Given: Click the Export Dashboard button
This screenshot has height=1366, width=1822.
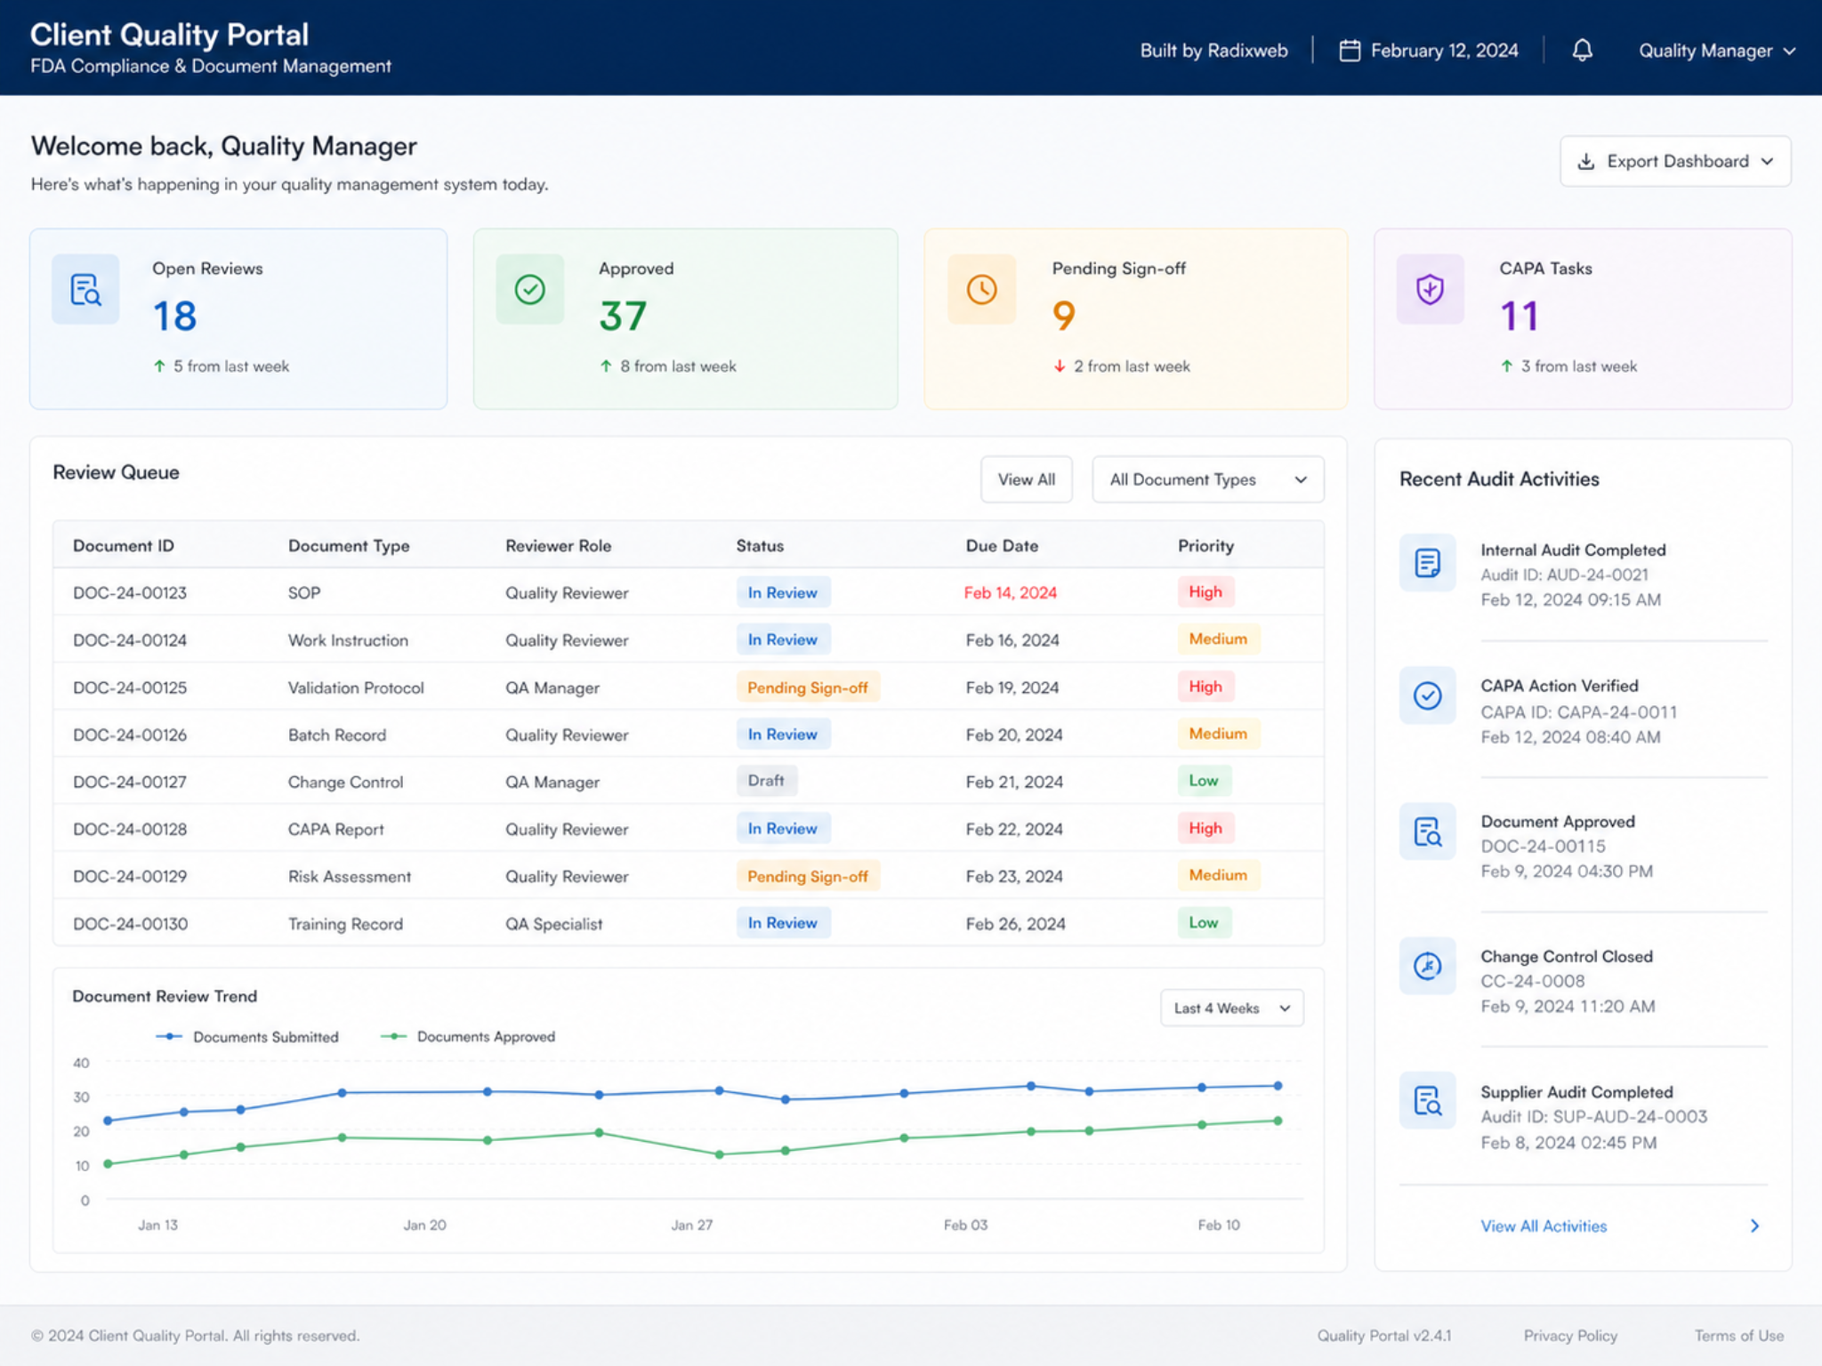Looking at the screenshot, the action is coord(1675,161).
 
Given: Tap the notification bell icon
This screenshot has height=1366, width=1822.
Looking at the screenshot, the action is coord(1582,51).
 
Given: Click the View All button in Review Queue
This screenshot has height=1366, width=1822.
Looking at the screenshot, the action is coord(1026,479).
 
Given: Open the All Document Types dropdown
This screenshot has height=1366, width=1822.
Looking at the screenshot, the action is coord(1207,479).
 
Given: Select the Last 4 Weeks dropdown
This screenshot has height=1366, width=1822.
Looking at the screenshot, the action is coord(1232,1008).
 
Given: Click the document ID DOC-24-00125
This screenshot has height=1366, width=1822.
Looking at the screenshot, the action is coord(130,687).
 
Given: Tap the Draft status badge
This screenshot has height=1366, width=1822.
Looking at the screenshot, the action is coord(766,781).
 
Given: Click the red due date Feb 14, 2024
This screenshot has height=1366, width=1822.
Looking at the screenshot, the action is coord(1011,593).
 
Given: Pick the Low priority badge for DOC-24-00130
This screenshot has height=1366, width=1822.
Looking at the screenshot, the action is coord(1204,922).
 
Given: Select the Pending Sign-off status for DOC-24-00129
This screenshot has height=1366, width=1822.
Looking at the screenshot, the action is coord(808,876).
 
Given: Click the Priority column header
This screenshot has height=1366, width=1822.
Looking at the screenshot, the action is coord(1205,546).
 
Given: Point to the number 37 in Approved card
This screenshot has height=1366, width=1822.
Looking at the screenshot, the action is coord(623,316).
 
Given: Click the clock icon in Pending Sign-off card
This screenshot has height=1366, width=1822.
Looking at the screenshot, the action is coord(981,289).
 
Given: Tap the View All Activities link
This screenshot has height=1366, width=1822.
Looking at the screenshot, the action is coord(1544,1226).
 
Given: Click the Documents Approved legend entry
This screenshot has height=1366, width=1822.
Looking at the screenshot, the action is coord(468,1037).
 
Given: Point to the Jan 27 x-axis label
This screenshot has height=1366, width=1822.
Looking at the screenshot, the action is coord(691,1225).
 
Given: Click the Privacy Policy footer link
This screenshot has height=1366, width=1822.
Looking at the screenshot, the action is coord(1570,1336).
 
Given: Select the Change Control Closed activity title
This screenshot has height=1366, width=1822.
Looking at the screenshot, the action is coord(1567,957).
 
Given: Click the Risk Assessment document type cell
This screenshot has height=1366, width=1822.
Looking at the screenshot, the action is coord(350,877).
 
